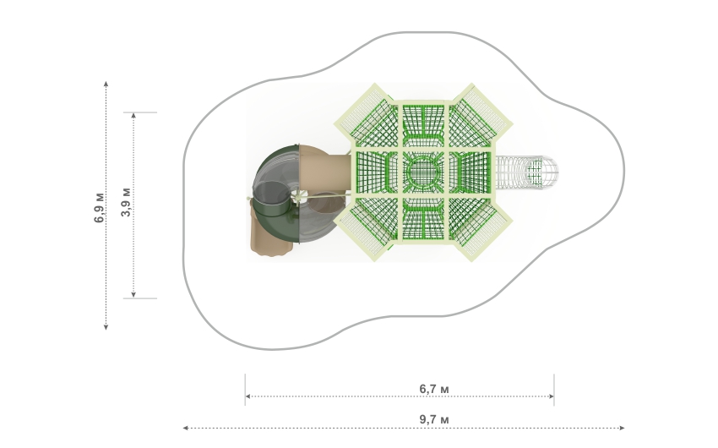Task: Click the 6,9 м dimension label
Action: pyautogui.click(x=99, y=208)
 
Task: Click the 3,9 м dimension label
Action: pyautogui.click(x=127, y=202)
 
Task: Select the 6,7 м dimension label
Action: pyautogui.click(x=434, y=389)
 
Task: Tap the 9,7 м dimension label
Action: pyautogui.click(x=434, y=419)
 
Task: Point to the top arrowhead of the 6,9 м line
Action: pyautogui.click(x=106, y=84)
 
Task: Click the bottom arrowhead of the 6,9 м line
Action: pyautogui.click(x=106, y=326)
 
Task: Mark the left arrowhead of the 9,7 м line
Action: pyautogui.click(x=186, y=428)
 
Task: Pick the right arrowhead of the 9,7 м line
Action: pyautogui.click(x=622, y=428)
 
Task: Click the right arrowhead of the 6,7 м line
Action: pyautogui.click(x=552, y=396)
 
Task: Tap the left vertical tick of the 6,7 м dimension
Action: pyautogui.click(x=245, y=390)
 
